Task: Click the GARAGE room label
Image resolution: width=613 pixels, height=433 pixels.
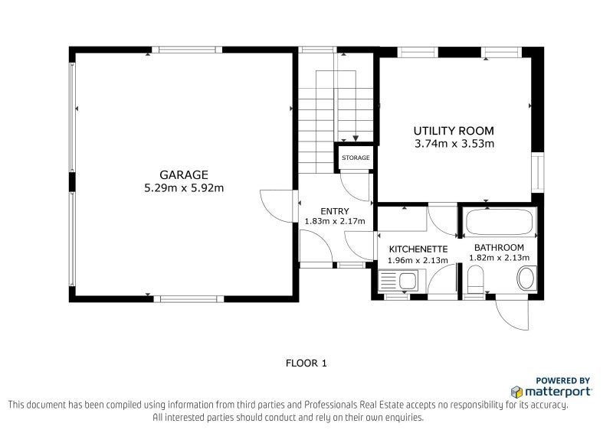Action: point(183,174)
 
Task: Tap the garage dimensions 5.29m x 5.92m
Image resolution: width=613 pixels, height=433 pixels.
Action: point(183,187)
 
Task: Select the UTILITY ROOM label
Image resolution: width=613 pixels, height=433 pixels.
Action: point(454,130)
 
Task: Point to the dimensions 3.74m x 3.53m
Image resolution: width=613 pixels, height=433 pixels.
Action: point(454,143)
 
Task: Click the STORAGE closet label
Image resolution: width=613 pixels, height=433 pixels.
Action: point(356,158)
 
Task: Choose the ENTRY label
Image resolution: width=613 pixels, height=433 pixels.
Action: point(335,211)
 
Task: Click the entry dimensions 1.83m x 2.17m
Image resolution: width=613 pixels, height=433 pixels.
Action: point(335,221)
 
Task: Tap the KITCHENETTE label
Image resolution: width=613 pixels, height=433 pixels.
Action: point(418,249)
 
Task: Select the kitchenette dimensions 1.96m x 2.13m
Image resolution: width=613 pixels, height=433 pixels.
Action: point(418,260)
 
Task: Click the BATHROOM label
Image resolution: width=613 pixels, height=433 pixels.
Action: point(499,247)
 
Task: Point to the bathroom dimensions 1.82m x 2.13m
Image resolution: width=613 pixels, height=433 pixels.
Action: point(499,258)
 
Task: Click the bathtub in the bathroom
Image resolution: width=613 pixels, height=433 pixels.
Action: point(500,223)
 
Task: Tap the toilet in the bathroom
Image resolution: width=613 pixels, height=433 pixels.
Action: point(474,284)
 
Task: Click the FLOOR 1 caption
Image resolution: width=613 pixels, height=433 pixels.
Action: point(306,363)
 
